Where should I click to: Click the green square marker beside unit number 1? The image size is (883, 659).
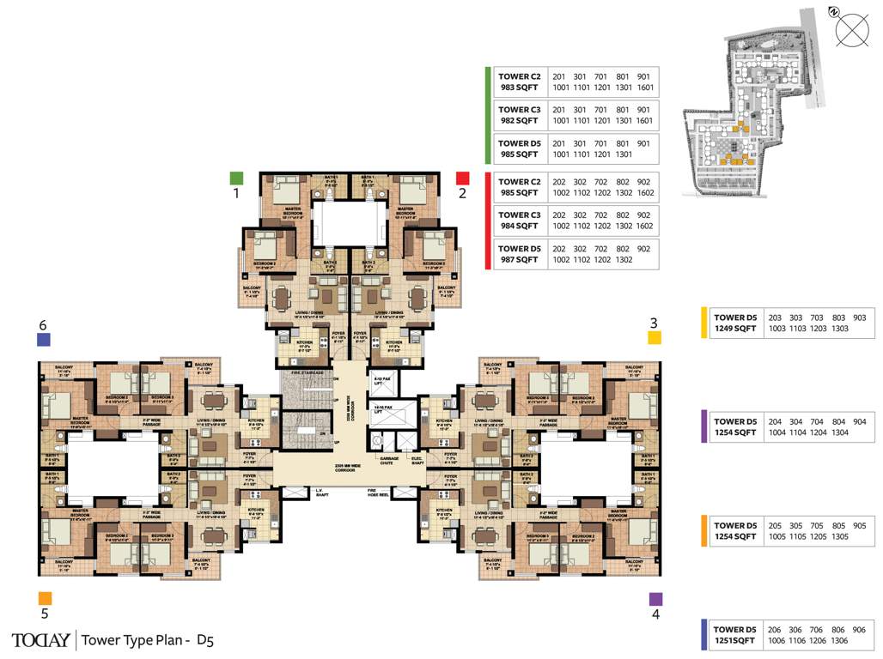[237, 178]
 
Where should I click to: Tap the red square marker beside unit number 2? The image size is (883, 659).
[462, 178]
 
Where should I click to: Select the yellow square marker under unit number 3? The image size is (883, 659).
[654, 338]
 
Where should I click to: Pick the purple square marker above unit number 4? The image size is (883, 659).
[655, 599]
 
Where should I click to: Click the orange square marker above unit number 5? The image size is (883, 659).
[45, 598]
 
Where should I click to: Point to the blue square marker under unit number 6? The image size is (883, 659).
[44, 340]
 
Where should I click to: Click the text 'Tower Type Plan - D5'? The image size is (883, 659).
[148, 640]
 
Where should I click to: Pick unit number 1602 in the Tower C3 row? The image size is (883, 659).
[644, 227]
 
